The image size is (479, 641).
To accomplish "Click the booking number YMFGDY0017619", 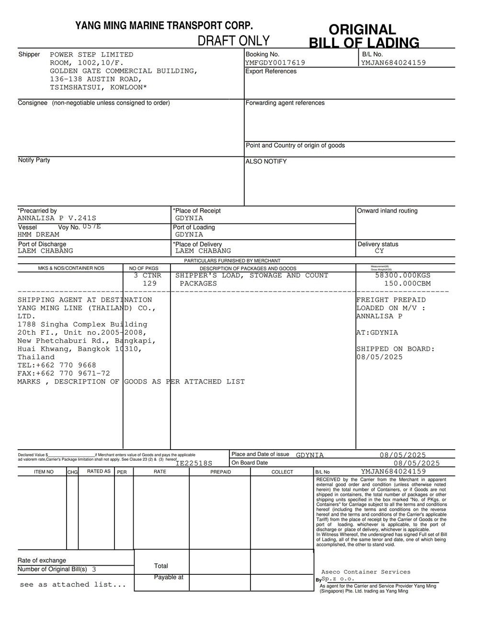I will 275,63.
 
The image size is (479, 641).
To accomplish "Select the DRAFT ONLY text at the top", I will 234,41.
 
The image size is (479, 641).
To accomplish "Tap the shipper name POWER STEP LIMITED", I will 91,55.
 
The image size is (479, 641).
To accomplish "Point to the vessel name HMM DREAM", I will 38,234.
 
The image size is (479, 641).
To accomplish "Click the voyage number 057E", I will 91,226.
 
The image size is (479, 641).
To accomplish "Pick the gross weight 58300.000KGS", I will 402,276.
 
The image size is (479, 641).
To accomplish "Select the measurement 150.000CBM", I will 407,284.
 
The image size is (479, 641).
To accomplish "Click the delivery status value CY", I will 379,251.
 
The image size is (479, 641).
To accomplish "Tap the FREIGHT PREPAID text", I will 391,300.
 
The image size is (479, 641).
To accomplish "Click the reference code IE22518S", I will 194,463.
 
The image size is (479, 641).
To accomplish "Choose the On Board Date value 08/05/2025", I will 416,463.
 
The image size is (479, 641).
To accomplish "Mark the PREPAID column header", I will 220,472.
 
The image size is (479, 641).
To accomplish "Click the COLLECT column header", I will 282,472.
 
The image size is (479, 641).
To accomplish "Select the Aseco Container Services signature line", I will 365,572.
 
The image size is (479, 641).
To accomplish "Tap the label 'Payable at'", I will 169,577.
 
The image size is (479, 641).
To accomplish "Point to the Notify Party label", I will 34,160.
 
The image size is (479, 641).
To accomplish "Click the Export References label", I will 271,71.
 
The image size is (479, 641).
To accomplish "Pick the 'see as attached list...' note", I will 73,584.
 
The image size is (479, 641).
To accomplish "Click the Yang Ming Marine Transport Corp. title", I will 164,26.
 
